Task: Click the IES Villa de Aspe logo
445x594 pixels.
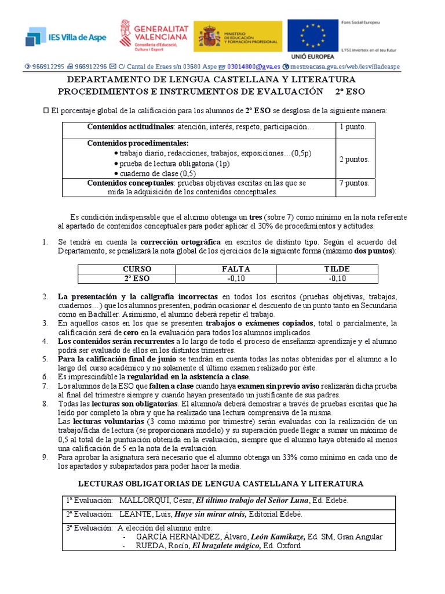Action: click(x=64, y=37)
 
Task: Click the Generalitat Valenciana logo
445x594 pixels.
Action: click(x=153, y=35)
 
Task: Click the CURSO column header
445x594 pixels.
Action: click(x=137, y=269)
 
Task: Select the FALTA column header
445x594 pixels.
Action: click(x=236, y=269)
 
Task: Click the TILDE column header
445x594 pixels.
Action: click(x=337, y=269)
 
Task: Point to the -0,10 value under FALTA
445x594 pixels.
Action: click(x=236, y=278)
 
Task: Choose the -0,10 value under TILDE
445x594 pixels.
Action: click(x=337, y=278)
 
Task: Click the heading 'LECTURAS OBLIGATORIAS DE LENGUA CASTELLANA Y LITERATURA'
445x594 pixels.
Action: click(x=221, y=483)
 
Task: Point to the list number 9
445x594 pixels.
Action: click(x=45, y=457)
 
